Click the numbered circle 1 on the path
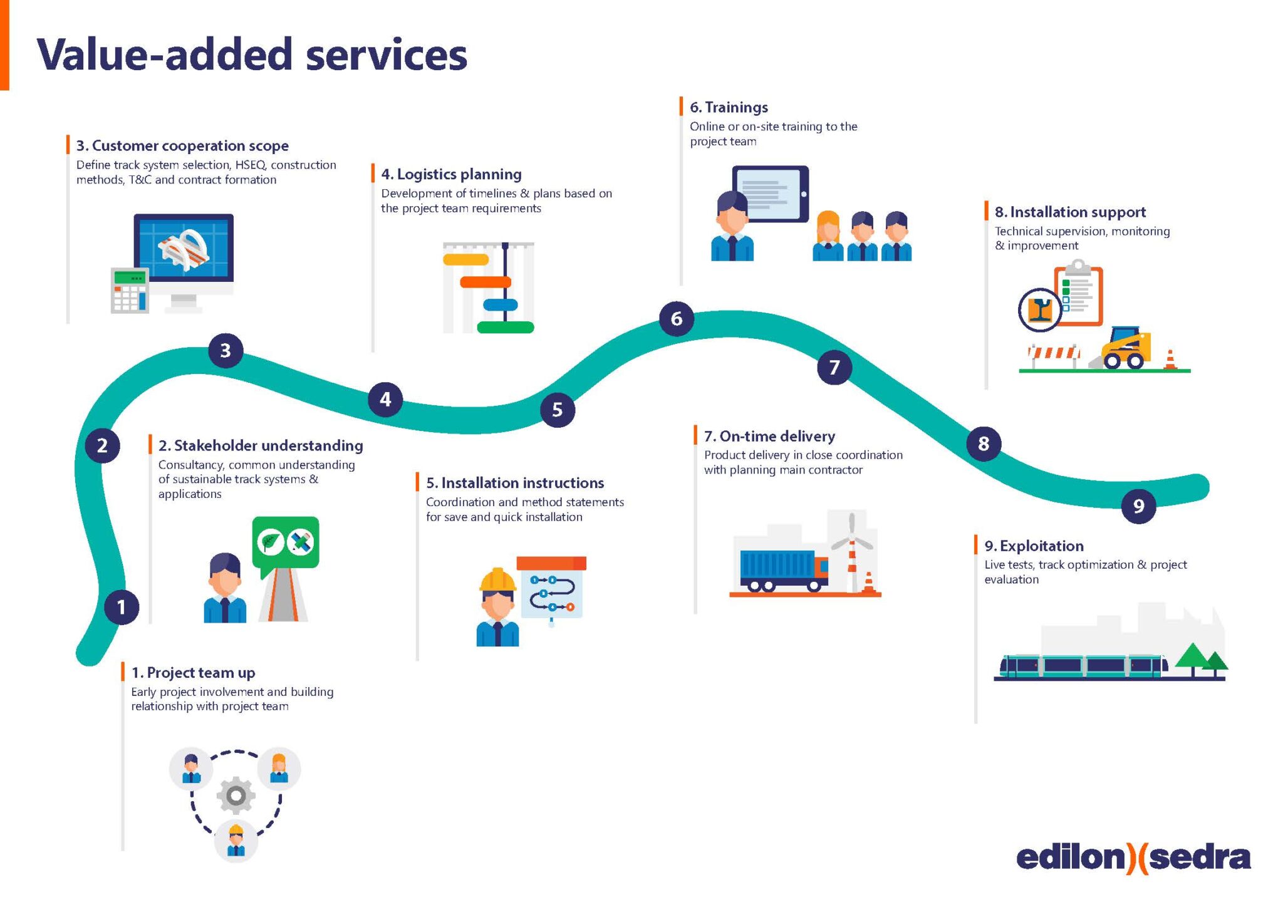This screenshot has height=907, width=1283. (122, 607)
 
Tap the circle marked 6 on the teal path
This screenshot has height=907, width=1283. (677, 319)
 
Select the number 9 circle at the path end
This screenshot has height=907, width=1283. (1138, 505)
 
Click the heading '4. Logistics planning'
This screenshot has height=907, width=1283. (451, 174)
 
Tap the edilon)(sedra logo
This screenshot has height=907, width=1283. (1133, 858)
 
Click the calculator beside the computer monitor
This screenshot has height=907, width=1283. (130, 290)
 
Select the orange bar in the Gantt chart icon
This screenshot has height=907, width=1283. (486, 282)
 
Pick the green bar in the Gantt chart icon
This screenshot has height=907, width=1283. (505, 327)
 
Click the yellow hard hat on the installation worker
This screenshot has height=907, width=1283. (497, 580)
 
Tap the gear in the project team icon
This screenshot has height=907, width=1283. (236, 796)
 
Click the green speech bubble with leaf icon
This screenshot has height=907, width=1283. (286, 542)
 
